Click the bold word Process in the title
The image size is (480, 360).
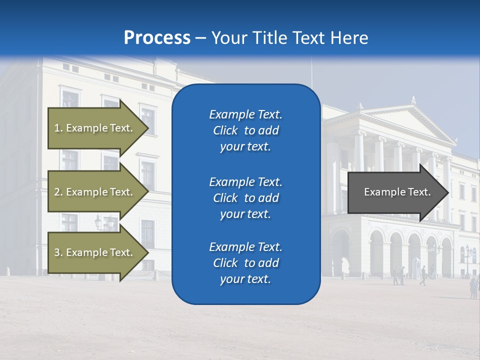click(x=157, y=38)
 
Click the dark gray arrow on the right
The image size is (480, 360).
click(x=395, y=192)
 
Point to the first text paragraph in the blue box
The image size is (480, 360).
click(x=245, y=130)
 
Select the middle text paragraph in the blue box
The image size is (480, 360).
click(x=245, y=198)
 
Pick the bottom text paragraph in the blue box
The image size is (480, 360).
click(x=245, y=263)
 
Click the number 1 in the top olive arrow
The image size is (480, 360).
click(x=57, y=128)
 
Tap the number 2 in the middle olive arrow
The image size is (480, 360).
click(x=57, y=192)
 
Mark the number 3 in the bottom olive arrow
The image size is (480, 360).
click(x=57, y=252)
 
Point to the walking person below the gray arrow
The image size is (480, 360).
click(x=423, y=275)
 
